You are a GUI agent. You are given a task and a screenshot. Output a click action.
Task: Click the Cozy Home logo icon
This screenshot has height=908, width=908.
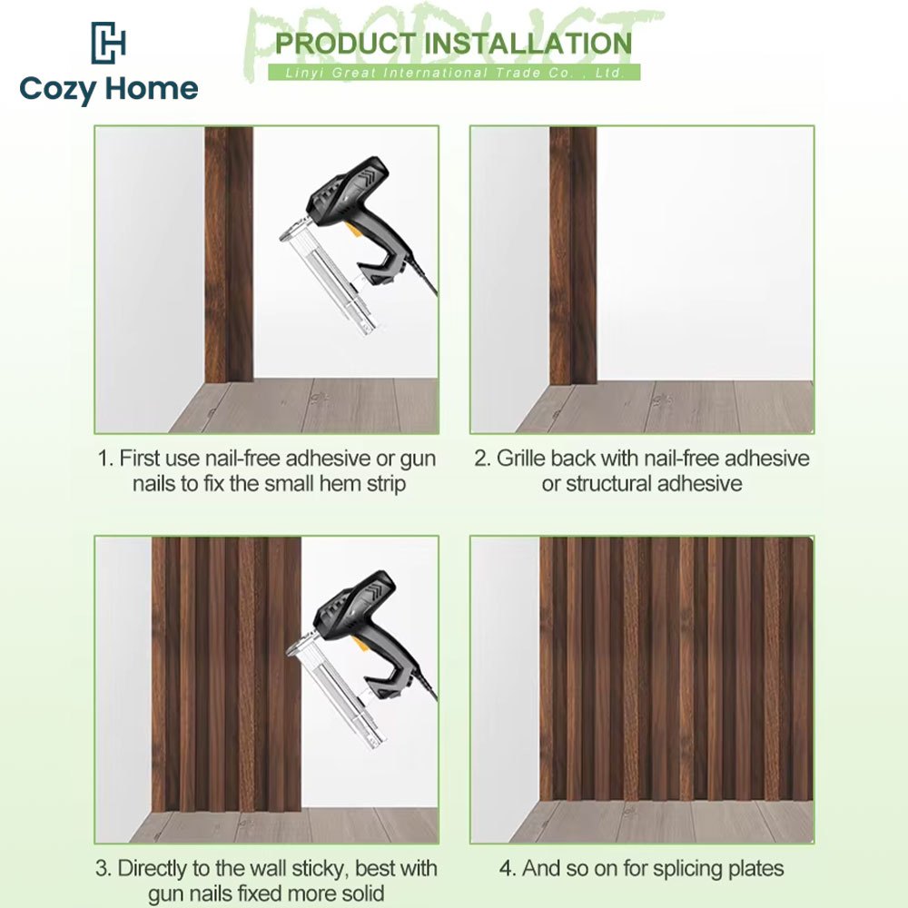108,43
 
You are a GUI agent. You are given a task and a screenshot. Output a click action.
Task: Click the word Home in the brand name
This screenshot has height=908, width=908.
153,88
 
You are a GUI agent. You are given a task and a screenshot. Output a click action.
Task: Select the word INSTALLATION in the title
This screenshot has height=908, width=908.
528,44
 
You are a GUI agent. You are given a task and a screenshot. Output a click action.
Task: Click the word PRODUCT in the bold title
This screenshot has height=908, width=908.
345,44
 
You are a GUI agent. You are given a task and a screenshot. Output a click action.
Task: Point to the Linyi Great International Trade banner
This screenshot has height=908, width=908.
455,73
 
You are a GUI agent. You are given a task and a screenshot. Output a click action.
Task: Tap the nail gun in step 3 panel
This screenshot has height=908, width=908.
363,659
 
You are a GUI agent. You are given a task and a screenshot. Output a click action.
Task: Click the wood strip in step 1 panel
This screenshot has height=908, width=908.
229,255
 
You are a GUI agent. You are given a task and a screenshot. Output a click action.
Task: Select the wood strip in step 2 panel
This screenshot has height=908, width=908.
573,256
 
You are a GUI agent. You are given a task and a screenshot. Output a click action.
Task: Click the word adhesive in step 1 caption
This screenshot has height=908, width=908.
328,459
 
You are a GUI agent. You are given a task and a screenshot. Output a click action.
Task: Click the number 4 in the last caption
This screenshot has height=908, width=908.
506,869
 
